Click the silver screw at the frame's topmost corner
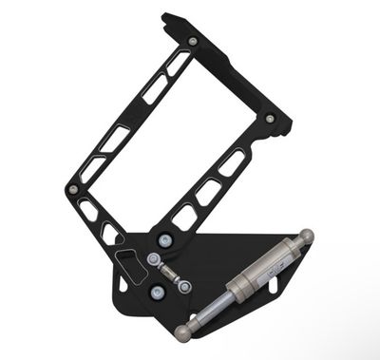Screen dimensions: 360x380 coord(194,42)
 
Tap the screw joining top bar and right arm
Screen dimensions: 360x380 coord(270,119)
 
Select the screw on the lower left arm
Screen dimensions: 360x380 coord(73,189)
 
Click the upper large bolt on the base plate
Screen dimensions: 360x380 coord(166,240)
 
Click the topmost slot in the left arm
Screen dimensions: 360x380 coord(177,64)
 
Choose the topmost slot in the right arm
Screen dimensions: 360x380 coord(231,162)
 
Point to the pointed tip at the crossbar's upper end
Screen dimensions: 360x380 coord(165,16)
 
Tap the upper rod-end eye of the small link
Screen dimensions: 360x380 coord(154,259)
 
